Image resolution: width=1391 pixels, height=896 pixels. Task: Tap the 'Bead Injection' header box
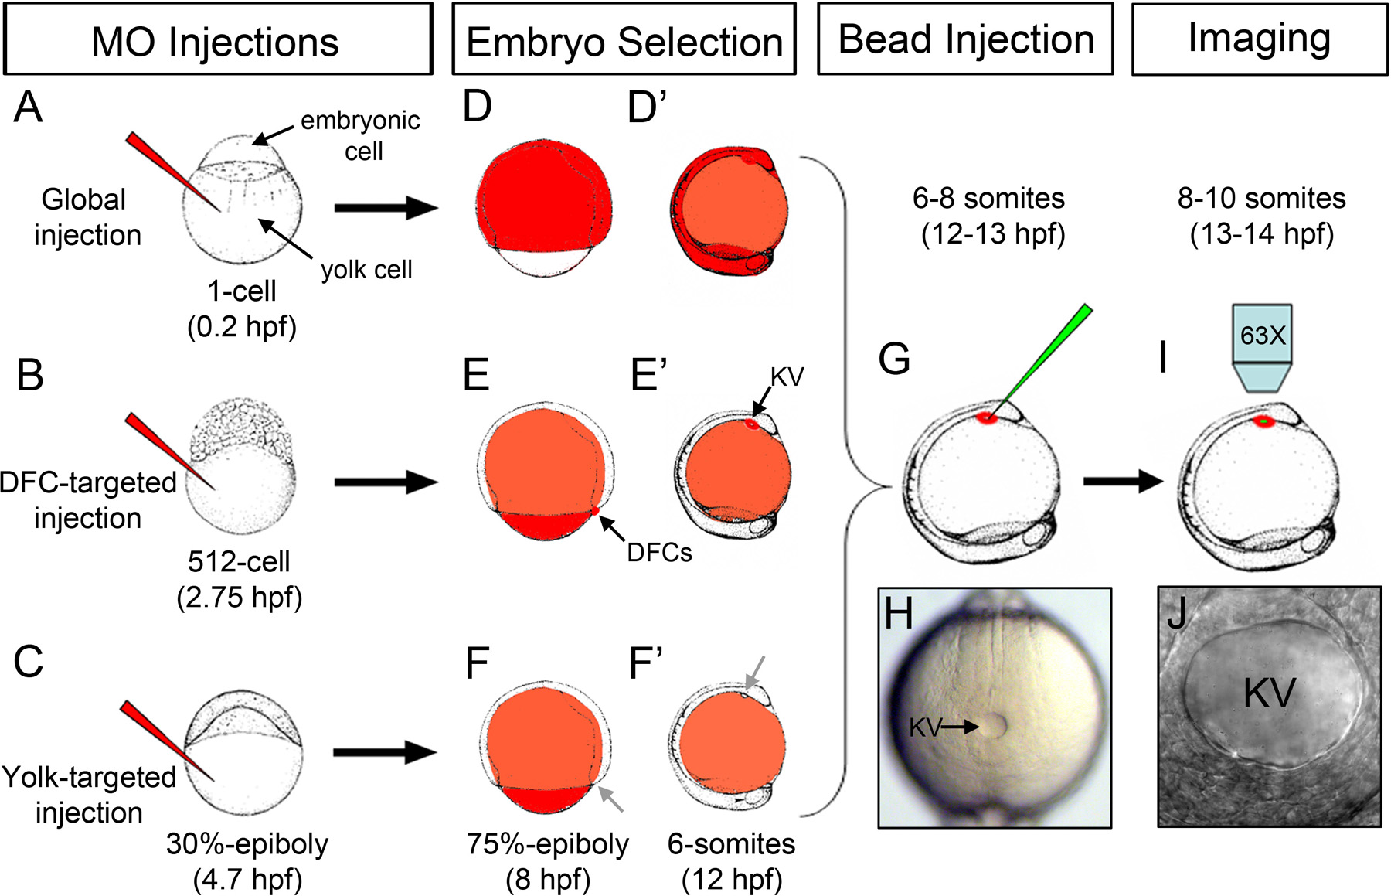pos(965,39)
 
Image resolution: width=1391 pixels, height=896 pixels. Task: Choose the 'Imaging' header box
pos(1259,39)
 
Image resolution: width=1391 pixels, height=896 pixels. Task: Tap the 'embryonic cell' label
pos(361,135)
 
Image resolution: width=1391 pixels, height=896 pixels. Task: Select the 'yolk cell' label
pos(366,270)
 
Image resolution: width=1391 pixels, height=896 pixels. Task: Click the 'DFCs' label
pos(659,552)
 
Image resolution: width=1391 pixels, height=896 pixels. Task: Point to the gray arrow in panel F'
pos(755,669)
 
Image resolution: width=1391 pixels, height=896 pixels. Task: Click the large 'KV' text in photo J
pos(1269,693)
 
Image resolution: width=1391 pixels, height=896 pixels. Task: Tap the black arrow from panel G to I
pos(1123,482)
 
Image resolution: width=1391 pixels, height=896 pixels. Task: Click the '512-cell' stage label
pos(239,561)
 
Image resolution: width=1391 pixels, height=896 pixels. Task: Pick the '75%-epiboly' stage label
pos(547,844)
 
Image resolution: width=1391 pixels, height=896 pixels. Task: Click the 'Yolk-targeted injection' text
pos(89,794)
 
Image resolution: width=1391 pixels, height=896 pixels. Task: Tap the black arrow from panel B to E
pos(386,482)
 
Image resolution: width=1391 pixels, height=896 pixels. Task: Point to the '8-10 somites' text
pos(1261,199)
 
